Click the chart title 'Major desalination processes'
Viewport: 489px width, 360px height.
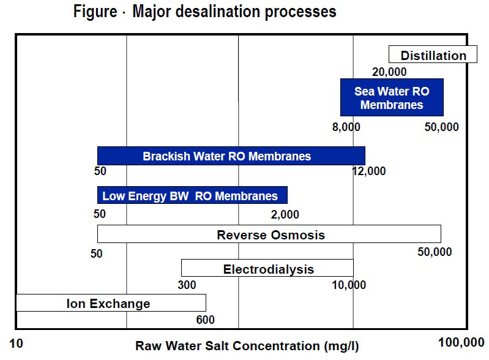pyautogui.click(x=204, y=12)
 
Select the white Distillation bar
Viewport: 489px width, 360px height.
pyautogui.click(x=433, y=55)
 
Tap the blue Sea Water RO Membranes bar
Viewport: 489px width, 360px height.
pyautogui.click(x=392, y=98)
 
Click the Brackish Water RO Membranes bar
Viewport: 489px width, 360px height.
pyautogui.click(x=231, y=156)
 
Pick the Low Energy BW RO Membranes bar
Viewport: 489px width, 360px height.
pyautogui.click(x=192, y=196)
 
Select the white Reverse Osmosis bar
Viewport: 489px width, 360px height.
pyautogui.click(x=269, y=234)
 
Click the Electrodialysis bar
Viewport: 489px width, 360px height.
pyautogui.click(x=267, y=269)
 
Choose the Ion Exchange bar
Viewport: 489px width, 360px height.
pyautogui.click(x=110, y=303)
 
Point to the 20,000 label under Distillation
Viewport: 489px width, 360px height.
pyautogui.click(x=389, y=72)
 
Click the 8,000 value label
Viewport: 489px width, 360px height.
pyautogui.click(x=346, y=127)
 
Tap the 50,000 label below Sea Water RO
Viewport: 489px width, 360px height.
pyautogui.click(x=441, y=127)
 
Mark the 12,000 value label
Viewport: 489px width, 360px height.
pyautogui.click(x=369, y=171)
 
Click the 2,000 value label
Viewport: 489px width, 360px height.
pyautogui.click(x=285, y=215)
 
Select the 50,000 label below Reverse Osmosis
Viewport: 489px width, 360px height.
pyautogui.click(x=435, y=252)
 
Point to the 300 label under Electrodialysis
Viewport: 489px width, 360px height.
pyautogui.click(x=187, y=285)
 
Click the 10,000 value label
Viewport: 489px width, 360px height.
pyautogui.click(x=348, y=285)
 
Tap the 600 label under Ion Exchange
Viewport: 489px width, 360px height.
pyautogui.click(x=206, y=320)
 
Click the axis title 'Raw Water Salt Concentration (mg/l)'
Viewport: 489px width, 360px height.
pyautogui.click(x=247, y=346)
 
